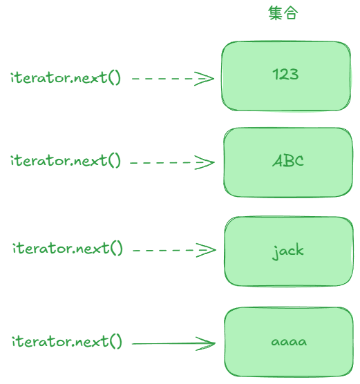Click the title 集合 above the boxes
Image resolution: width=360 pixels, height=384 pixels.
pyautogui.click(x=283, y=13)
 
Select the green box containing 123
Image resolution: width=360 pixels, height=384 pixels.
pyautogui.click(x=286, y=76)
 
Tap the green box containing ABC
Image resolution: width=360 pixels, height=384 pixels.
pyautogui.click(x=288, y=162)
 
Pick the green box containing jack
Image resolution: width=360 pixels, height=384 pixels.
pyautogui.click(x=289, y=251)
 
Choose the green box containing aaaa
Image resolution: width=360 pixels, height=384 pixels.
pyautogui.click(x=289, y=342)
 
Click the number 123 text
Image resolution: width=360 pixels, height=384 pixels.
pyautogui.click(x=286, y=74)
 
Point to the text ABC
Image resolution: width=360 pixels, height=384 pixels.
pyautogui.click(x=288, y=161)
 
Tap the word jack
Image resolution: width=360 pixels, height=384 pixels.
pyautogui.click(x=288, y=251)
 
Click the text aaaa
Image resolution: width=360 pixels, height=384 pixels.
pyautogui.click(x=289, y=342)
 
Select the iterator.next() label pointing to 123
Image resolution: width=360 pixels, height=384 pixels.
pyautogui.click(x=66, y=77)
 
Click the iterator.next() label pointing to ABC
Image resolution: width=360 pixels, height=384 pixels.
pyautogui.click(x=66, y=161)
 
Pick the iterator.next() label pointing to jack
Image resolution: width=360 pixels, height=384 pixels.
pyautogui.click(x=68, y=249)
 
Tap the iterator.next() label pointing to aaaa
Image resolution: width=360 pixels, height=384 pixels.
pyautogui.click(x=67, y=341)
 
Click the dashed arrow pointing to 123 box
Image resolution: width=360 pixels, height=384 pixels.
pyautogui.click(x=173, y=79)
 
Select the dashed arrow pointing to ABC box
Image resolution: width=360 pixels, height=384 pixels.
pyautogui.click(x=172, y=162)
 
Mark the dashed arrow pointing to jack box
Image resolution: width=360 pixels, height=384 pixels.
pyautogui.click(x=174, y=250)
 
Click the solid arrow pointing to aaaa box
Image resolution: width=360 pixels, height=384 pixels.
pyautogui.click(x=173, y=343)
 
